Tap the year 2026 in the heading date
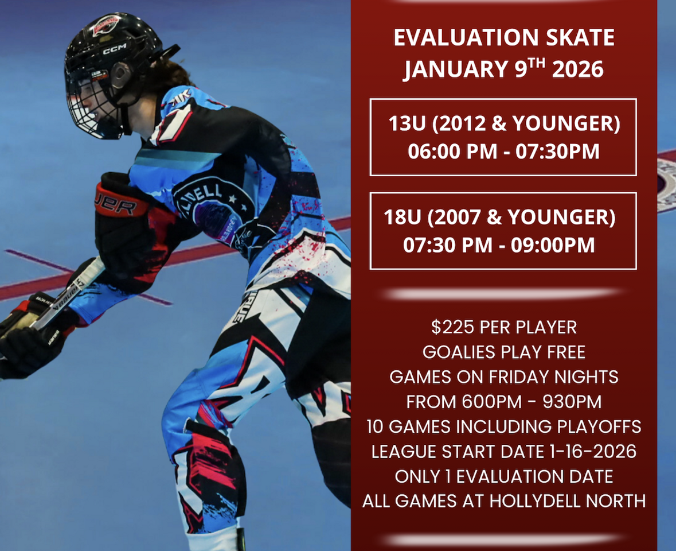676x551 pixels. tap(578, 69)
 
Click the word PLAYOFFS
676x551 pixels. tap(599, 426)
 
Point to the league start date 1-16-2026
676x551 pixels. tap(593, 452)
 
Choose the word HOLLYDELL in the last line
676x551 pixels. tap(534, 502)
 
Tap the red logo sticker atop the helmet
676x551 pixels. tap(105, 24)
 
